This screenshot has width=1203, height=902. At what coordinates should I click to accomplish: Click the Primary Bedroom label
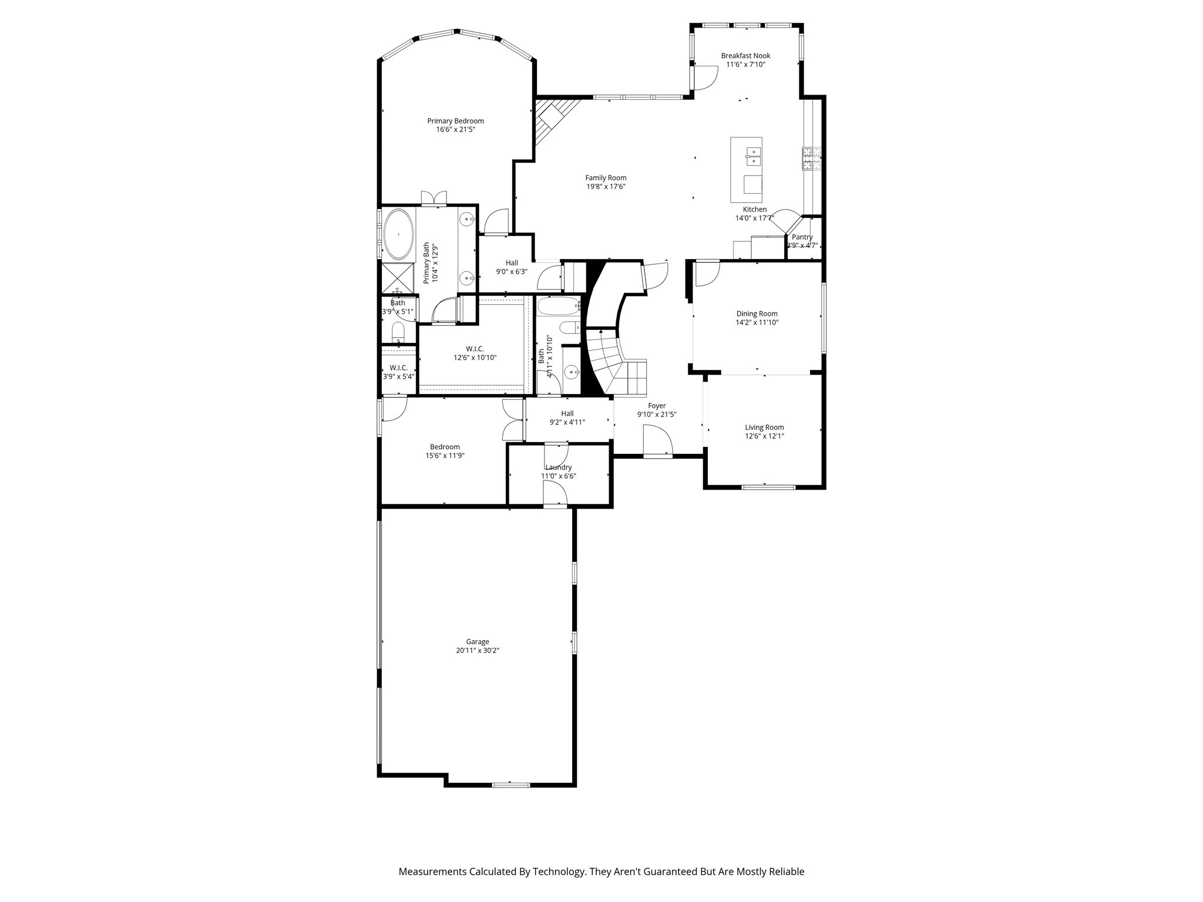(455, 121)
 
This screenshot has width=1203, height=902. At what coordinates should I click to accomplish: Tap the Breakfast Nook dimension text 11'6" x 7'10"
(745, 65)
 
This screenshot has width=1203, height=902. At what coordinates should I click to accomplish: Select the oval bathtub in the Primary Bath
(398, 234)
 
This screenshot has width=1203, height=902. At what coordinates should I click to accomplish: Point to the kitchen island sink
(753, 157)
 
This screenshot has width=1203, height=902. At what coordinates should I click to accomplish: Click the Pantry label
(802, 237)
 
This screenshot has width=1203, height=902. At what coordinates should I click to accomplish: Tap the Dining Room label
(757, 314)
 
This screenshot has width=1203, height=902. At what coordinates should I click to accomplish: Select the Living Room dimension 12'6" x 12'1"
(764, 436)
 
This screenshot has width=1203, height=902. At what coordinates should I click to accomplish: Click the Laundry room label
(558, 467)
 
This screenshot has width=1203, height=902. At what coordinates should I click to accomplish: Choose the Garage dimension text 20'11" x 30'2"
(477, 651)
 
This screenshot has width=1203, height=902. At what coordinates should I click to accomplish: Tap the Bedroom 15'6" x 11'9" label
(445, 447)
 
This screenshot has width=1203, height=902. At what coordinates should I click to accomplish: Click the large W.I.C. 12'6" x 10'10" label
(475, 349)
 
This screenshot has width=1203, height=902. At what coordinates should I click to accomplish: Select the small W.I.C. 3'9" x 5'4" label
(398, 368)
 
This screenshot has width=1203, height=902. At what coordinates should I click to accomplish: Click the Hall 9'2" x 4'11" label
(567, 413)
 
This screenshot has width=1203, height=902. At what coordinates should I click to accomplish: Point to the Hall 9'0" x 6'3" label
(512, 263)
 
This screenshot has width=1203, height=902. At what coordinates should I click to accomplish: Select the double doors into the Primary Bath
(434, 198)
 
